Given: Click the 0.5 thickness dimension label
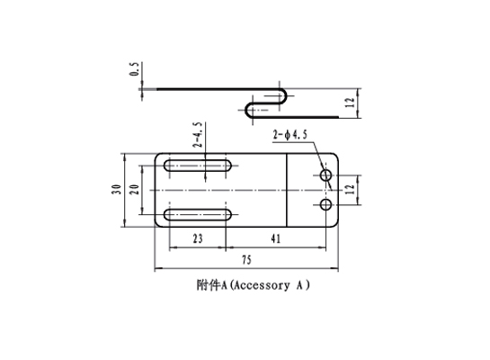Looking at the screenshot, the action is (134, 68).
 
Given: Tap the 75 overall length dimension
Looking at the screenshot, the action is (246, 260).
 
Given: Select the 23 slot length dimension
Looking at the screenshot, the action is (198, 239).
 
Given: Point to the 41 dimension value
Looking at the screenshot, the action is (276, 239).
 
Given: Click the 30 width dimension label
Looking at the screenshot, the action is (116, 190).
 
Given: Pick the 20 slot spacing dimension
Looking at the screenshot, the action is (134, 190).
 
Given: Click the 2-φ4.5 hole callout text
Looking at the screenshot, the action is (290, 135).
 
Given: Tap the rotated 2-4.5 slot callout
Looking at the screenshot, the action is (198, 135).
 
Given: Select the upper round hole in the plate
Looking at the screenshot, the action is (326, 175).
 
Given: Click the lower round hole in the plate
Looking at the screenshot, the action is (326, 205).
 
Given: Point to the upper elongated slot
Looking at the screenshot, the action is (198, 166).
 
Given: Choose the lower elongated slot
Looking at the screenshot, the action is (198, 215).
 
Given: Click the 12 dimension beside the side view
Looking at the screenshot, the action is (351, 103).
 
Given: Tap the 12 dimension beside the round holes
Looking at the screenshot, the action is (351, 189).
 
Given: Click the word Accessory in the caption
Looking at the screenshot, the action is (262, 285).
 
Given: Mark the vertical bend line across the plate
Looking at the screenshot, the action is (287, 190).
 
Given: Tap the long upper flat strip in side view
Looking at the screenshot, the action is (218, 89).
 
